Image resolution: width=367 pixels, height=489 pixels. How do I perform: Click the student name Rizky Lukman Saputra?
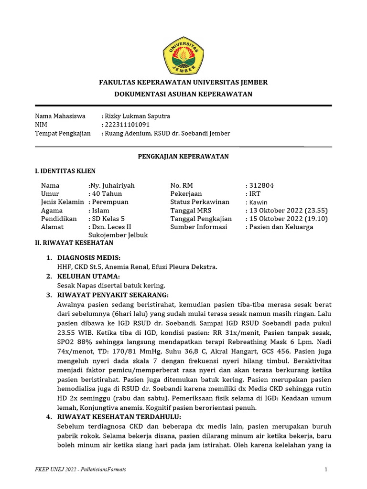(x=137, y=116)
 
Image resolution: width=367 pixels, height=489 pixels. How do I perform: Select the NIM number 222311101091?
(x=129, y=125)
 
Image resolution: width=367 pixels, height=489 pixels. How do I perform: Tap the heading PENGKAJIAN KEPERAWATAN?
(x=183, y=156)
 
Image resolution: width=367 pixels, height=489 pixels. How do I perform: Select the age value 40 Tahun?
(x=107, y=194)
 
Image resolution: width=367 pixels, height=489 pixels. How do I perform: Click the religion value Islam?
(x=100, y=211)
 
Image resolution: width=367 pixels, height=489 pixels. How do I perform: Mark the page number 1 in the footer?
(x=326, y=470)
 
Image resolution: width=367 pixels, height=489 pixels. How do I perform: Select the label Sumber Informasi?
(x=198, y=227)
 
